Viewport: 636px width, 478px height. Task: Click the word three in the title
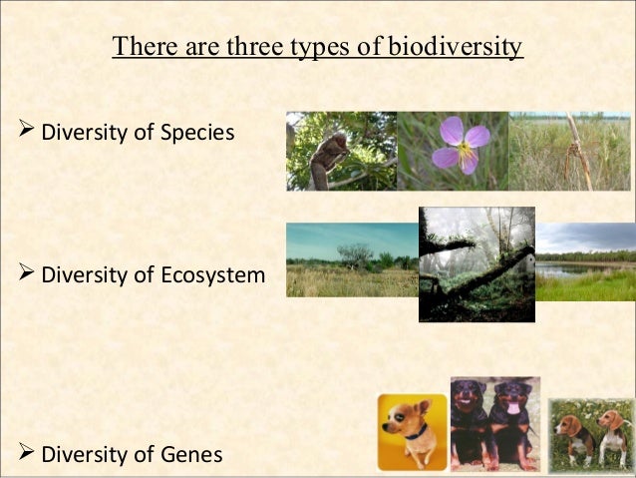click(x=235, y=47)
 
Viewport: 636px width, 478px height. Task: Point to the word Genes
click(x=190, y=456)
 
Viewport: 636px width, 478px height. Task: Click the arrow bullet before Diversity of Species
click(x=27, y=132)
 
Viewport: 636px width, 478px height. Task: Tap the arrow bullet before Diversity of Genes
click(x=27, y=455)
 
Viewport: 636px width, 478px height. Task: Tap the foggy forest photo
click(x=477, y=264)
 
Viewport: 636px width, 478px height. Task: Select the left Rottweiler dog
click(x=471, y=420)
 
